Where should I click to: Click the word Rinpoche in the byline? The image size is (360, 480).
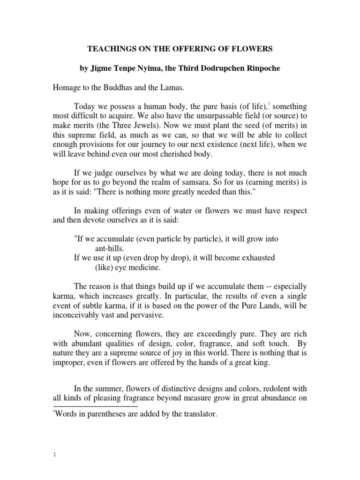click(x=262, y=68)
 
